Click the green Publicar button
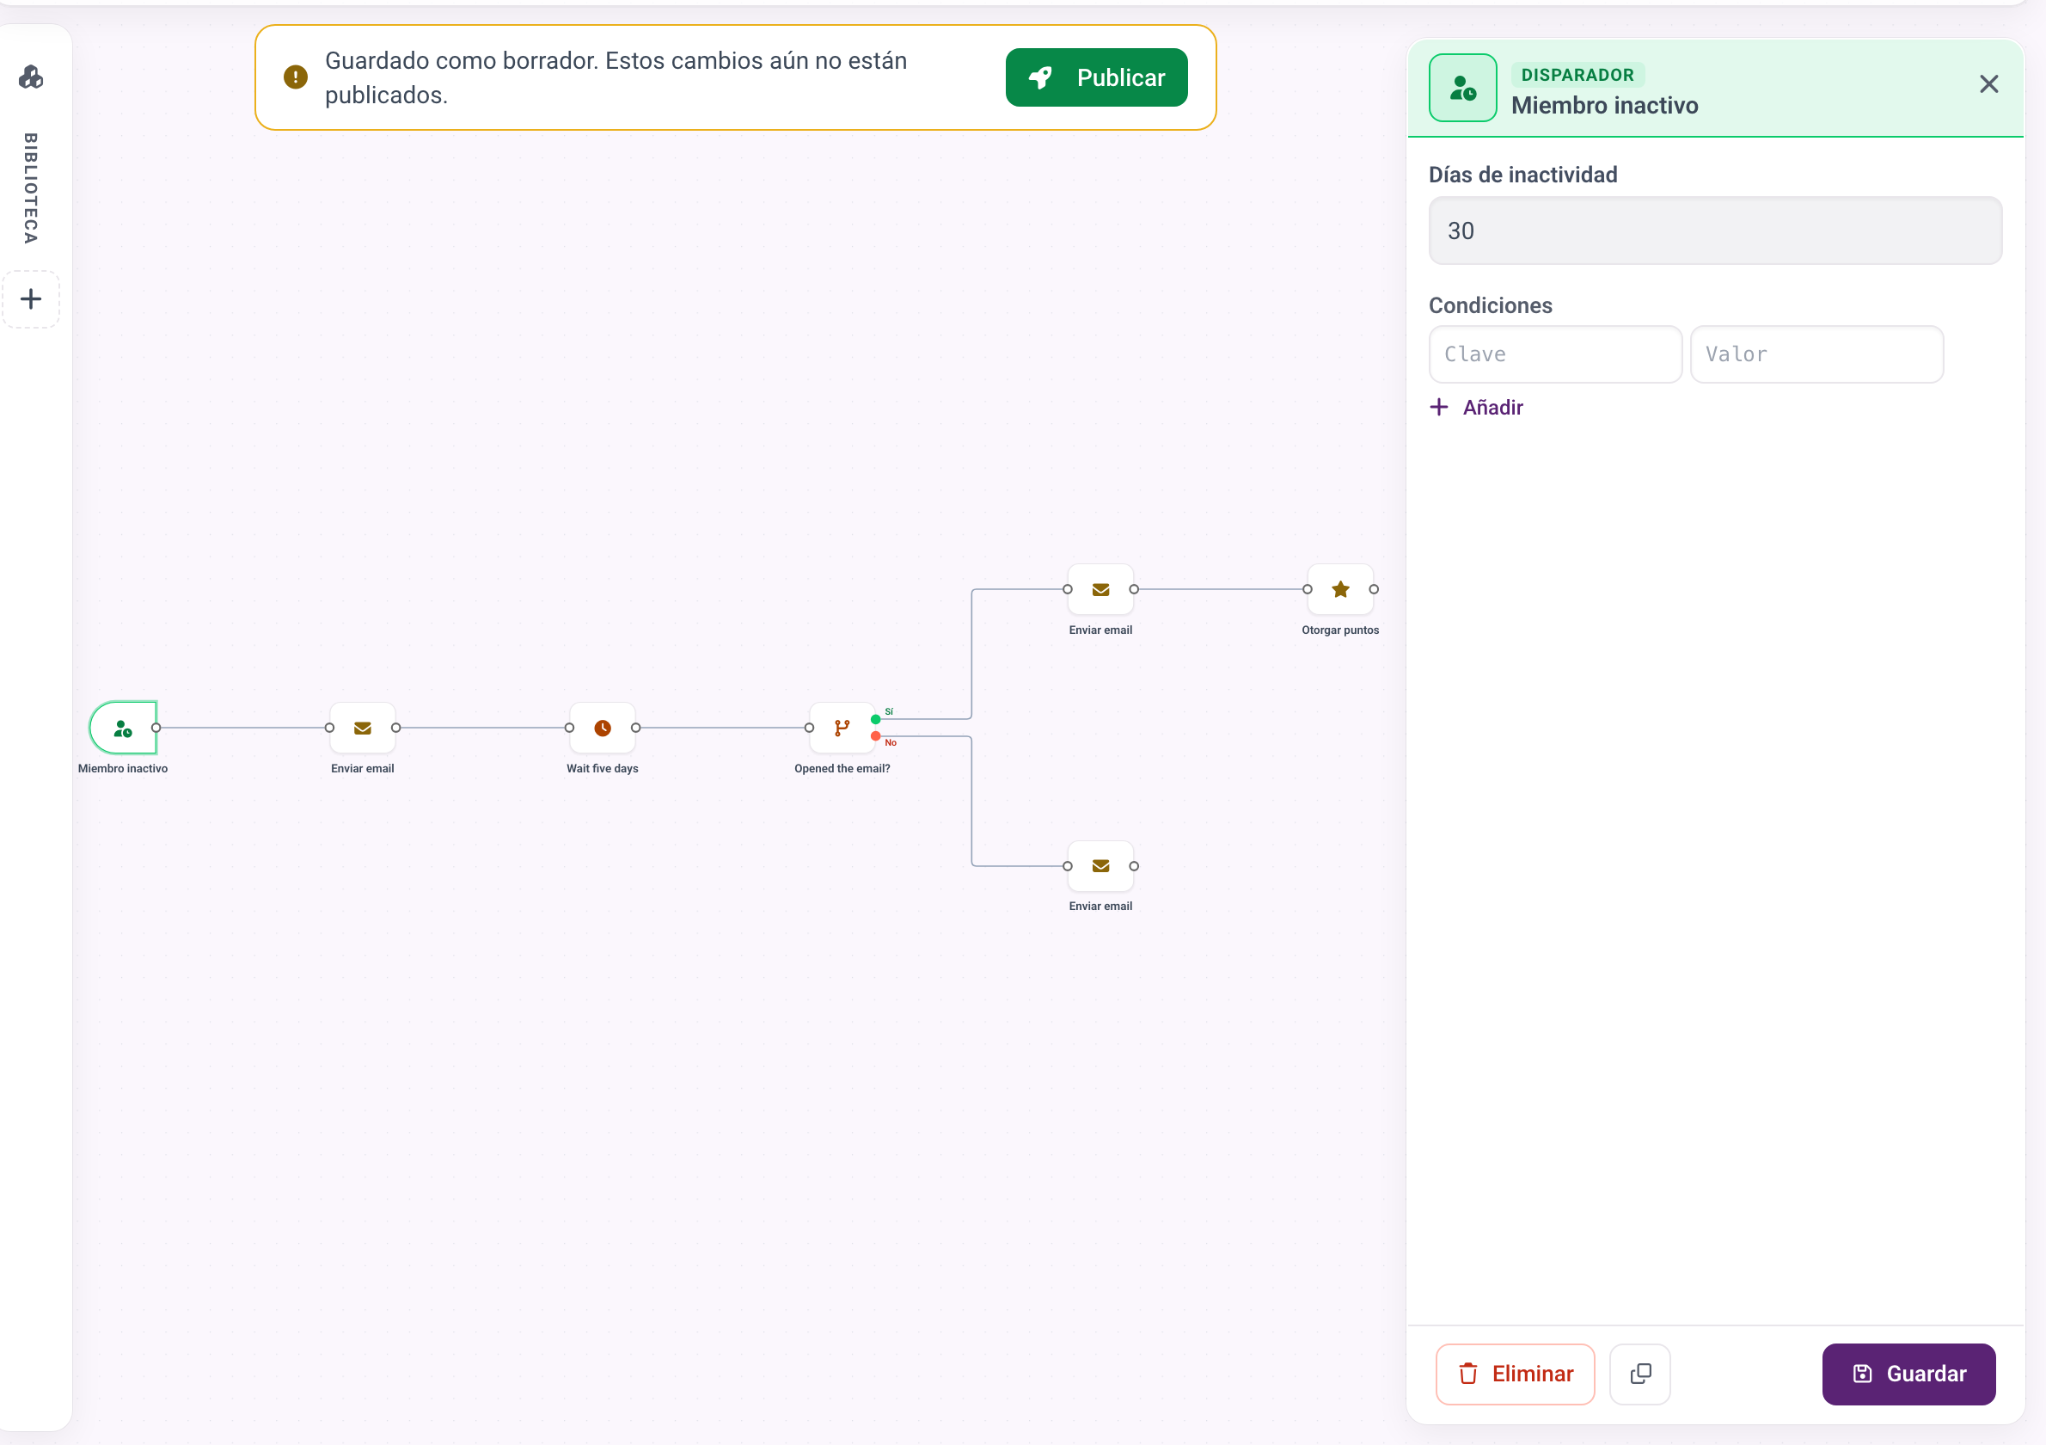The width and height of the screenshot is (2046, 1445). (1096, 77)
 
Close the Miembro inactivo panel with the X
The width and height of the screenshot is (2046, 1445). (1989, 83)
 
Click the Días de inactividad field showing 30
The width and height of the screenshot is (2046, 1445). (1714, 231)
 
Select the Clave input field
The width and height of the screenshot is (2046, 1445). (1555, 354)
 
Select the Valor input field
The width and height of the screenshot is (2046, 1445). (1816, 354)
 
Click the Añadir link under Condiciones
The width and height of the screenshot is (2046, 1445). (1477, 408)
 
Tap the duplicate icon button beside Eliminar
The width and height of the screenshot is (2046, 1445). (1639, 1374)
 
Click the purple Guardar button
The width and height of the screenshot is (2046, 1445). (1908, 1374)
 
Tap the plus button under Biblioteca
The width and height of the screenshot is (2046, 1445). (31, 298)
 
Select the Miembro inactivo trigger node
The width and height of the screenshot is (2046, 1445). (123, 729)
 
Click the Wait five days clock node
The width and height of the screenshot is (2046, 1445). (603, 729)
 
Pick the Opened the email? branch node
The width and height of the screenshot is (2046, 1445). (842, 729)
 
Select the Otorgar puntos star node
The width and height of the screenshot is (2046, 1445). (1340, 589)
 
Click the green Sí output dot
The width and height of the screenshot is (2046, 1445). (876, 719)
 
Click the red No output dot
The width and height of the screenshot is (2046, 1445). (876, 736)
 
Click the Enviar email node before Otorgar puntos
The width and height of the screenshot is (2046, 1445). (1100, 589)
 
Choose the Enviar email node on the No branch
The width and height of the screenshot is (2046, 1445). (1100, 865)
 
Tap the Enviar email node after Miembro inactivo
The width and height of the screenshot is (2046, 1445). (363, 729)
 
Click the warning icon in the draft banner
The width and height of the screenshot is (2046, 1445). (296, 77)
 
